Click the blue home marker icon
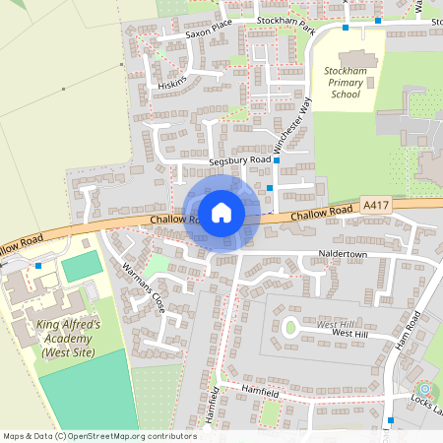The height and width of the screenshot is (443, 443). click(221, 212)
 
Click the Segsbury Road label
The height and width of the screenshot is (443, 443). click(239, 159)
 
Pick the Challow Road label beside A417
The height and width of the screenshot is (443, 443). click(322, 211)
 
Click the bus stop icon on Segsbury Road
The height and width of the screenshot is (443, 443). click(277, 159)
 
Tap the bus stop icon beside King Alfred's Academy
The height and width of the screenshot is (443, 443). click(38, 265)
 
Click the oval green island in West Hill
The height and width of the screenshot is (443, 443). click(290, 328)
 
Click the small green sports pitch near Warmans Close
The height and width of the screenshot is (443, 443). click(82, 265)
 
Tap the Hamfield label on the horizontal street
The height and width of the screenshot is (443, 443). click(261, 392)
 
